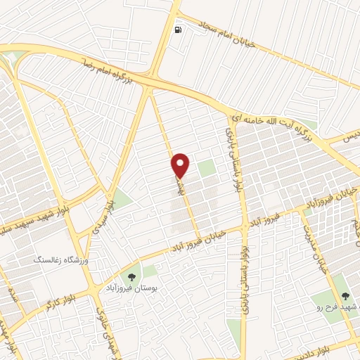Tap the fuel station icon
178,30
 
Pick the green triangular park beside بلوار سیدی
122,199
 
